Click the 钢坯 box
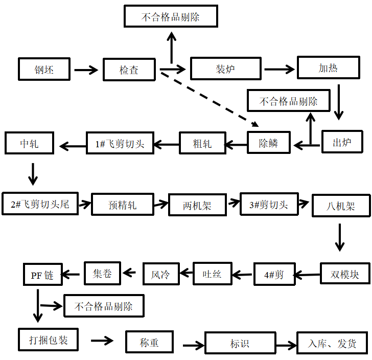click(x=44, y=69)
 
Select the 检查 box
click(x=129, y=70)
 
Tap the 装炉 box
click(x=225, y=69)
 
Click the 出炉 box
click(x=342, y=142)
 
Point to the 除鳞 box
click(x=269, y=143)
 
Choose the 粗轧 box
click(x=202, y=143)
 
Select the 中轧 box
click(x=29, y=143)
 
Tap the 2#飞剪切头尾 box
click(x=40, y=204)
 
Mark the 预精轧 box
click(x=123, y=205)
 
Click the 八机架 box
click(x=340, y=207)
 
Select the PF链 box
click(x=42, y=275)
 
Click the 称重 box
click(x=149, y=342)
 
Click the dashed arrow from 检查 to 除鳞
click(x=210, y=99)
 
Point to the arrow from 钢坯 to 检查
click(x=85, y=70)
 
